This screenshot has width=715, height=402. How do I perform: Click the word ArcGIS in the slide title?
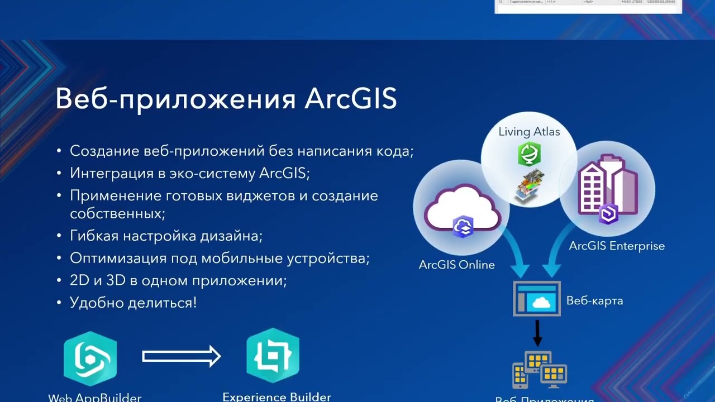[x=350, y=99]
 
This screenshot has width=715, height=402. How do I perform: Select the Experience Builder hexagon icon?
[x=273, y=356]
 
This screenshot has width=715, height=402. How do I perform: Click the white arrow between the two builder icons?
[x=182, y=356]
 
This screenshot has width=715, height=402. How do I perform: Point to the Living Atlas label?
[x=529, y=132]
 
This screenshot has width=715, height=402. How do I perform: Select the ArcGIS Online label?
[x=456, y=265]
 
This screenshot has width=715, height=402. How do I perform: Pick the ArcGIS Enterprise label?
[x=617, y=246]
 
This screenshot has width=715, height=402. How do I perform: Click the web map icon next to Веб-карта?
[x=537, y=299]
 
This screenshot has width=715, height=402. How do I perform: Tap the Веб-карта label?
[x=594, y=300]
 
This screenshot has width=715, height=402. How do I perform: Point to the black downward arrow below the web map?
[x=537, y=333]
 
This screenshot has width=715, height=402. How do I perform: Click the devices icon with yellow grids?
[x=540, y=370]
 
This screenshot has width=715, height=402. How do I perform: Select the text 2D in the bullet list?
[x=80, y=280]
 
